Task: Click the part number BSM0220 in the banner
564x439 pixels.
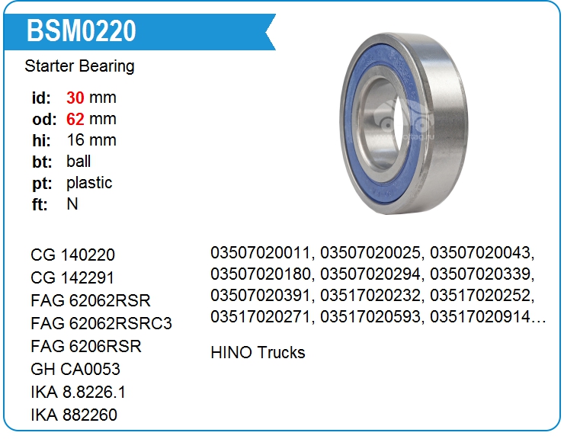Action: pos(82,31)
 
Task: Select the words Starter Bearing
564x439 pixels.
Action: pos(79,66)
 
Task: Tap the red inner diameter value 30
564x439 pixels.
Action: pos(75,98)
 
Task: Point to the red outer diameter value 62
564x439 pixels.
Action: pos(75,119)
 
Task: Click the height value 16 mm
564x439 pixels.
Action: pos(91,140)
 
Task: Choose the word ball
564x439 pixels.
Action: pos(79,162)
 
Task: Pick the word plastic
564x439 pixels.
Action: pos(89,183)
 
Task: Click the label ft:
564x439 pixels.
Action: pos(40,204)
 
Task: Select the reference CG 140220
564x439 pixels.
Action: pos(72,255)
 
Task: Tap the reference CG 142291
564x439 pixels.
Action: pos(72,277)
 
